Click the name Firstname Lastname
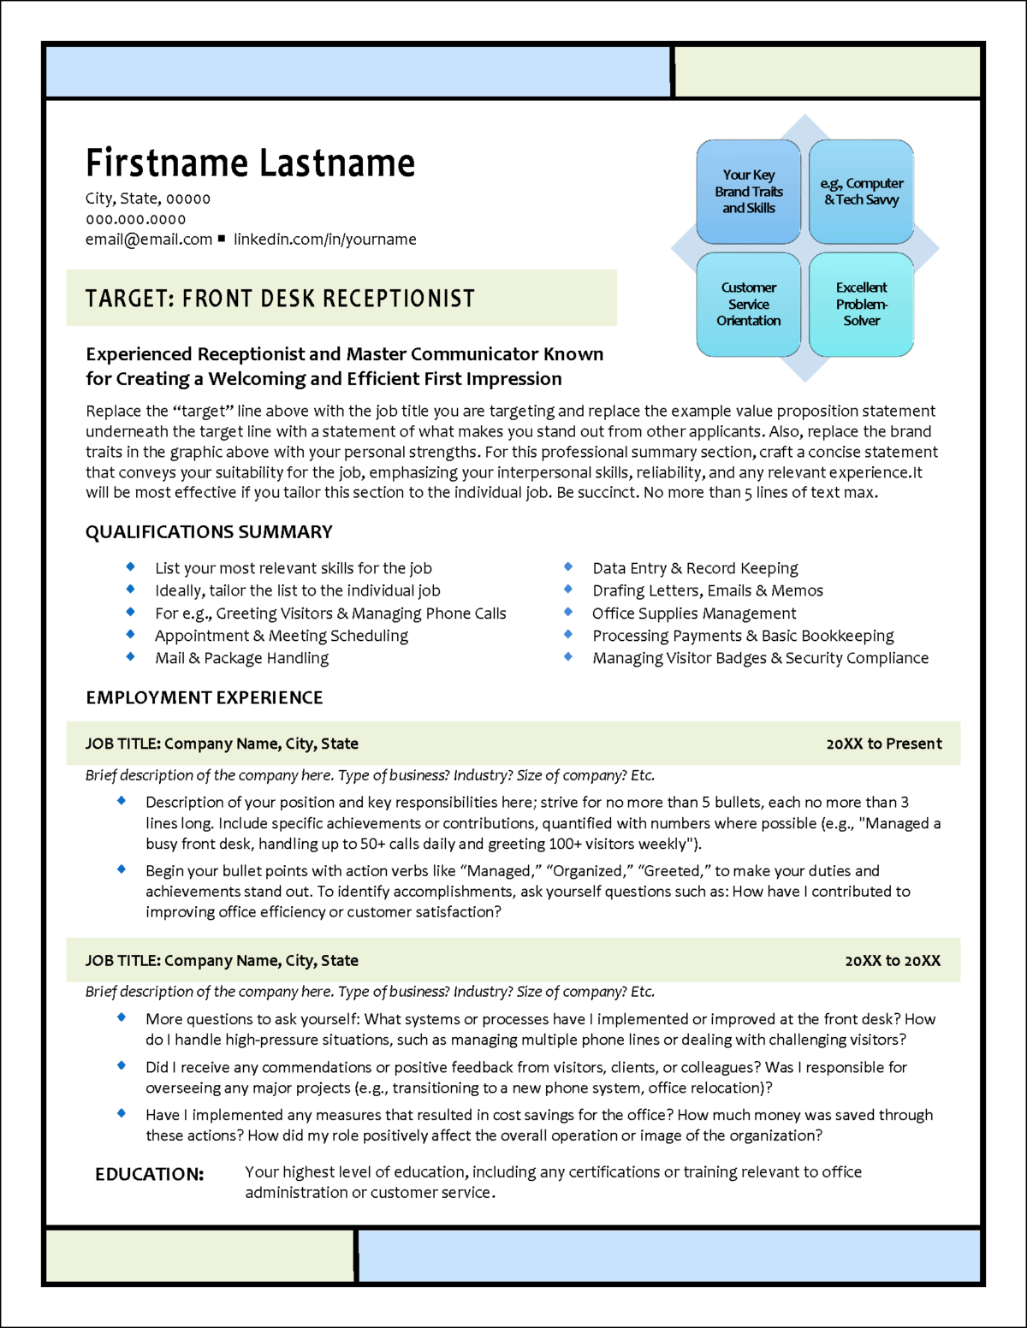(250, 163)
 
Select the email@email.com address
(149, 240)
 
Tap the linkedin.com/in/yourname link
(325, 240)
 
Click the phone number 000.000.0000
(135, 219)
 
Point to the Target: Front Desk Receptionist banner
(341, 298)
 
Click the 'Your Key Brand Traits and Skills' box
(749, 192)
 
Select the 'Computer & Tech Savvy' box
(861, 192)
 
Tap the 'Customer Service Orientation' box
(749, 304)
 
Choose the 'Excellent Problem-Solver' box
(861, 304)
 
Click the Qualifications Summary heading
(209, 532)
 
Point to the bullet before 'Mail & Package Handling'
(130, 657)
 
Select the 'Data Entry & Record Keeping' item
(695, 568)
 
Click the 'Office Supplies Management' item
(694, 614)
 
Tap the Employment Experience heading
(205, 697)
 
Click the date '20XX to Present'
(884, 744)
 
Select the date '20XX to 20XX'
(893, 961)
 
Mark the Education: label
(150, 1174)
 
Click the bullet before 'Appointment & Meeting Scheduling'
(130, 634)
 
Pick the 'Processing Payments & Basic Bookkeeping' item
(743, 636)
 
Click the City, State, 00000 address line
(148, 199)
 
